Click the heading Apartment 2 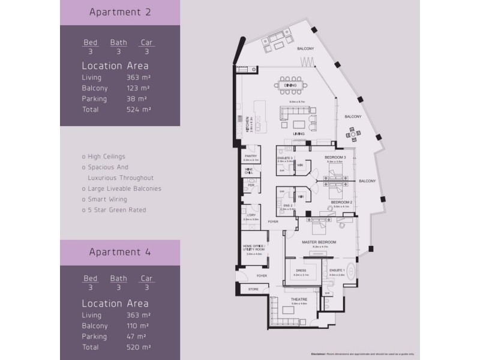tap(119, 12)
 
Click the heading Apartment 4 tap(119, 252)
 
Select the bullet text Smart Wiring tap(105, 199)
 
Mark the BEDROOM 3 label tap(334, 157)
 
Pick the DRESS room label tap(301, 271)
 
